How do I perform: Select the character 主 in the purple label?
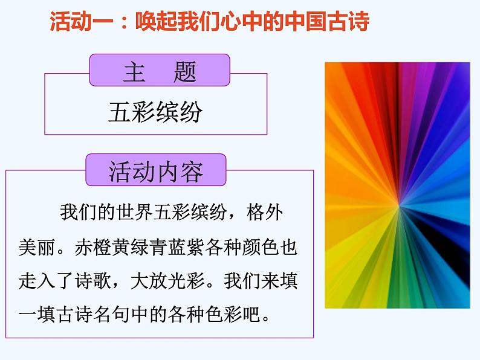[135, 72]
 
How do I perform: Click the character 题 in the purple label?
[184, 72]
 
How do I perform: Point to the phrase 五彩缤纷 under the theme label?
[156, 112]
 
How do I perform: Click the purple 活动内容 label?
[156, 172]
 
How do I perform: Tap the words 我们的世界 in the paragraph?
[100, 213]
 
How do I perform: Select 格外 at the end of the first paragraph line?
[265, 213]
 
